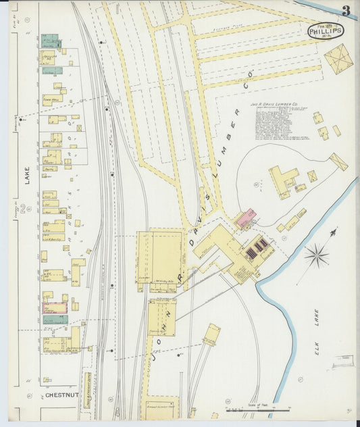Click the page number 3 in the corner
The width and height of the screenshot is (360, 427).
coord(345,11)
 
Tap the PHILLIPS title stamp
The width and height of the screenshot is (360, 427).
coord(326,30)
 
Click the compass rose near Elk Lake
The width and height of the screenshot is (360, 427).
coord(316,255)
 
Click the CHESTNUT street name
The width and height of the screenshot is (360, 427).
coord(61,395)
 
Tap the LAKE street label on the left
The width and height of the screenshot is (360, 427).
coord(28,177)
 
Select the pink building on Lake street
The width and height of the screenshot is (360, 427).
coord(55,307)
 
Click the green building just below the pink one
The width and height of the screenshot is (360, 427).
coord(55,319)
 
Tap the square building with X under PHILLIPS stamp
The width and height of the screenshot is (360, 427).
coord(339,57)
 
